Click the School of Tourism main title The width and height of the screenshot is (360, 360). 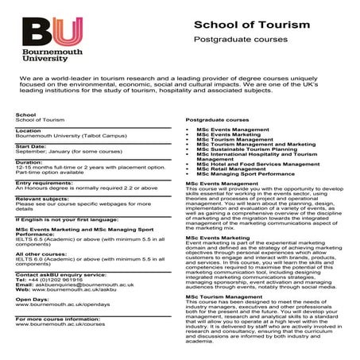pyautogui.click(x=251, y=26)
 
